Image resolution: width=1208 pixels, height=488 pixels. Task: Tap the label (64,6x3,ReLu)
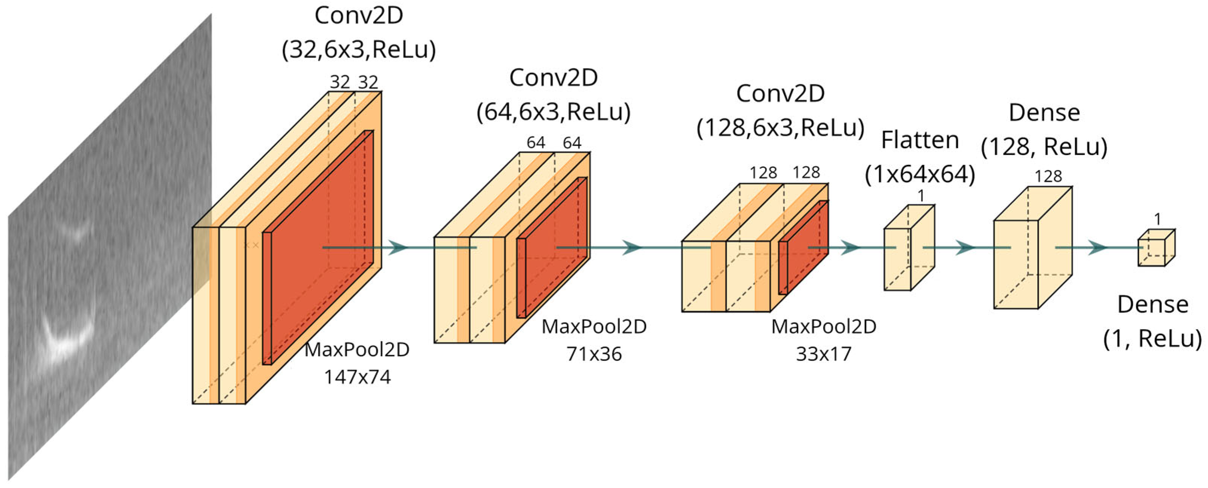coord(554,112)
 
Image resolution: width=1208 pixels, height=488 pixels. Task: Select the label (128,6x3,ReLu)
coord(780,128)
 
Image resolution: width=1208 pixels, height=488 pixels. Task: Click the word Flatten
coord(920,140)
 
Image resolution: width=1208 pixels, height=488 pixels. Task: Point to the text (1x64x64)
coord(920,174)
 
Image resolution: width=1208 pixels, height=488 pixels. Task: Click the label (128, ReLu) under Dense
coord(1044,147)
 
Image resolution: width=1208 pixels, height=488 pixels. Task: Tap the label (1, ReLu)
coord(1152,338)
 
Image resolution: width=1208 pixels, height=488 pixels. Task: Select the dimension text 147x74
coord(357,377)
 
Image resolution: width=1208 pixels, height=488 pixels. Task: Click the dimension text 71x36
coord(594,354)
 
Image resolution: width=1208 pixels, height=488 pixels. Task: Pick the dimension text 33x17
coord(823,354)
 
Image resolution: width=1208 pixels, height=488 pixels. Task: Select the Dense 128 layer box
coord(1032,248)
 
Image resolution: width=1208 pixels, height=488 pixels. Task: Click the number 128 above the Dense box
coord(1048,176)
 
